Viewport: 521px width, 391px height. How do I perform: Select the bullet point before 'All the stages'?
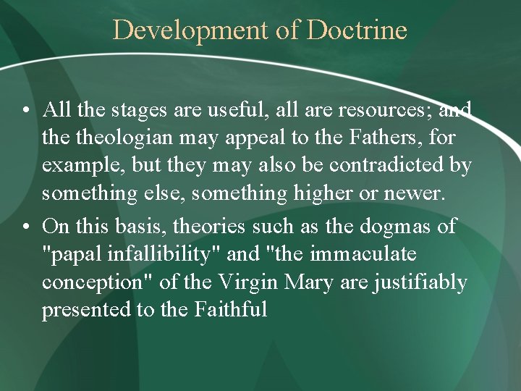pyautogui.click(x=25, y=110)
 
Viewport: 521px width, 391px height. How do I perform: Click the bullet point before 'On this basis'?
pyautogui.click(x=25, y=226)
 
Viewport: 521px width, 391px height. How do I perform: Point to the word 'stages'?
pyautogui.click(x=133, y=109)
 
